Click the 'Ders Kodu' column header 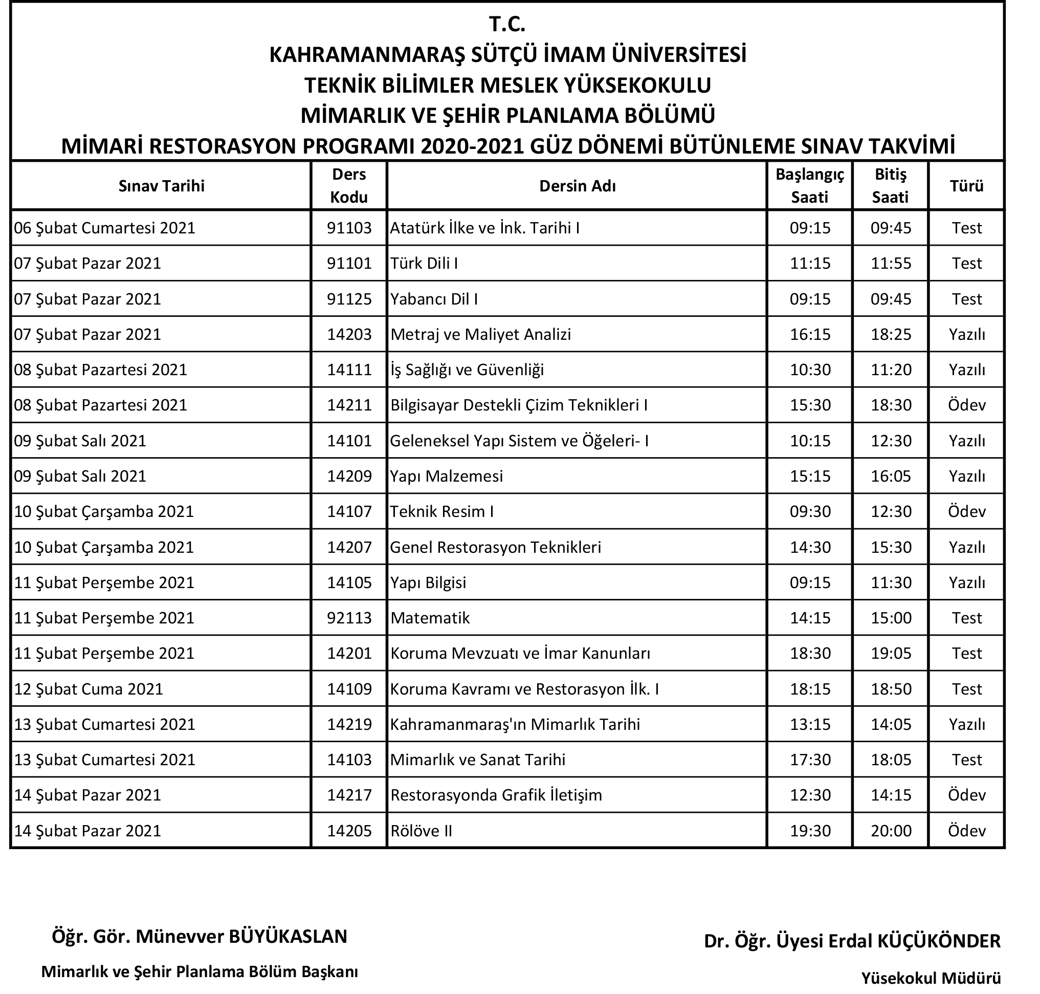[x=348, y=185]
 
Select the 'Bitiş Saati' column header [x=890, y=185]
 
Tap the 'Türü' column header [x=966, y=186]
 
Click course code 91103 [x=349, y=228]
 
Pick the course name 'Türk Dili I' [x=424, y=263]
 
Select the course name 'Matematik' [x=430, y=618]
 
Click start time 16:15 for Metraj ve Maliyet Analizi [x=810, y=334]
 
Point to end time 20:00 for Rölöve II [x=891, y=830]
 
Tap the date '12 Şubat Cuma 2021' [x=88, y=689]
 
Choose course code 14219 [x=349, y=724]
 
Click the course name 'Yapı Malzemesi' [x=447, y=476]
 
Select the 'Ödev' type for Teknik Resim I [x=966, y=511]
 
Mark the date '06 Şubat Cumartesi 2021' [x=105, y=228]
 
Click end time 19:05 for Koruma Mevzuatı [x=891, y=653]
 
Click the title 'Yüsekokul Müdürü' [x=931, y=978]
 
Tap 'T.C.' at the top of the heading [x=507, y=25]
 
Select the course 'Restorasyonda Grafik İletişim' [x=496, y=795]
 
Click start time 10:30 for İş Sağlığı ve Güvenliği [x=810, y=370]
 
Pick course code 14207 [x=349, y=547]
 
